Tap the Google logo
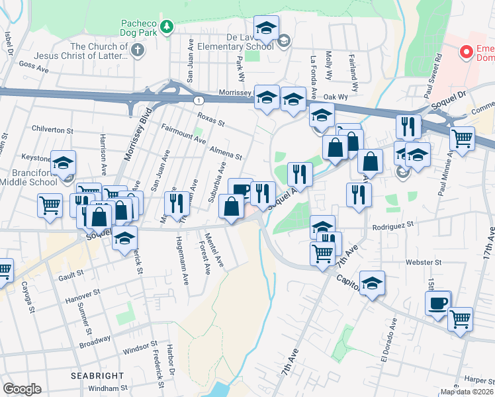click(22, 389)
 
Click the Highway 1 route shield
click(198, 100)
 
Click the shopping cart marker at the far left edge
click(3, 270)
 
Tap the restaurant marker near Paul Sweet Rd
click(408, 126)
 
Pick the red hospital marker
click(466, 51)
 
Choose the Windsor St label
click(140, 346)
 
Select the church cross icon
click(137, 50)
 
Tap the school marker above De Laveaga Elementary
click(266, 28)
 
